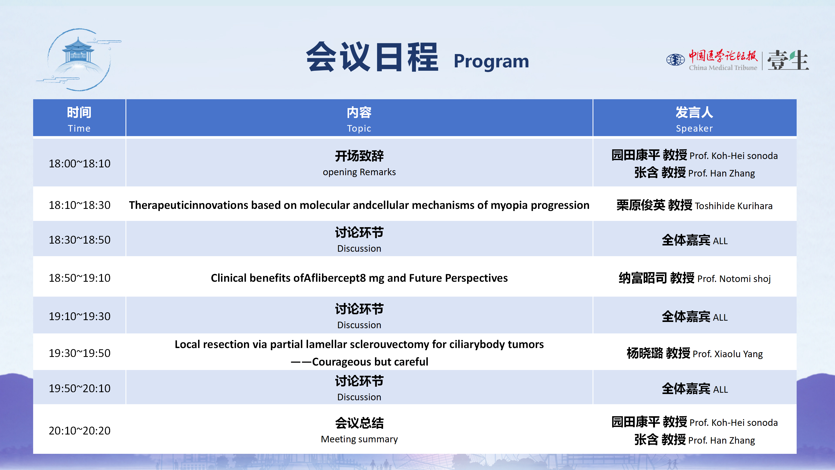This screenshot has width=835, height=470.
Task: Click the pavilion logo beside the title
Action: tap(79, 59)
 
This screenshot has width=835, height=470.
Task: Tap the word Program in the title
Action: tap(491, 61)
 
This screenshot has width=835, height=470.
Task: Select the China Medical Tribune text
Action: tap(723, 67)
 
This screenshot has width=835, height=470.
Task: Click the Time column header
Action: tap(79, 119)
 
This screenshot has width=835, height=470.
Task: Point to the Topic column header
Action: tap(359, 119)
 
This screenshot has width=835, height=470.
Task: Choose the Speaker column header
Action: tap(694, 119)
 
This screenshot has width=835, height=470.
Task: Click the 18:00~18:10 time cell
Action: tap(79, 163)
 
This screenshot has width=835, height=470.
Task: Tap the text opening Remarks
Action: tap(359, 172)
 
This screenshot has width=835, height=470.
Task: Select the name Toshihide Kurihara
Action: tap(733, 206)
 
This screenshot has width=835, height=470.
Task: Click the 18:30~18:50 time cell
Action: tap(79, 240)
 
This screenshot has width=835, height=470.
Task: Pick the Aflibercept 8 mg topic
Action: tap(359, 278)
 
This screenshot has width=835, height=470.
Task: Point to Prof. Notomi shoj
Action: tap(734, 279)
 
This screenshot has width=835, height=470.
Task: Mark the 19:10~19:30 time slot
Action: tap(79, 316)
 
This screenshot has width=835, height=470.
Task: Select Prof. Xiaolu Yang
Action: tap(727, 354)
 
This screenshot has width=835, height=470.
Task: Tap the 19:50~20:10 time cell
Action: tap(79, 388)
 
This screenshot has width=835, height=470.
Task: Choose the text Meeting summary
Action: tap(359, 439)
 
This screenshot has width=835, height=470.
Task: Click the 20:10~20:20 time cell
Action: tap(79, 430)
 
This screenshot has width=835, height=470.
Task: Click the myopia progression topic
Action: tap(359, 205)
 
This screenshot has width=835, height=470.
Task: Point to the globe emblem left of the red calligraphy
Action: tap(676, 60)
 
